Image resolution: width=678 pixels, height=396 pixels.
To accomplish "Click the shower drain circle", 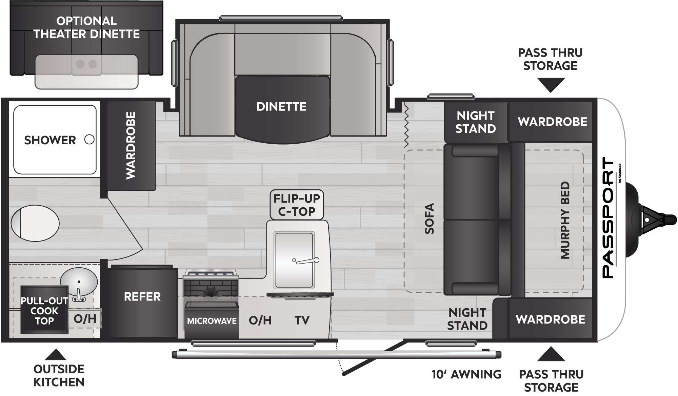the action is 89,139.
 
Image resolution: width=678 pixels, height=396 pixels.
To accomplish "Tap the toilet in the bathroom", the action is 35,223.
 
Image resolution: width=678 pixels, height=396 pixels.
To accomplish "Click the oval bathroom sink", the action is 79,282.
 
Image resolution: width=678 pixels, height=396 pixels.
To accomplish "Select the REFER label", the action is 142,297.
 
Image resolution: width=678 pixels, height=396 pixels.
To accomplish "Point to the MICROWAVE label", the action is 212,321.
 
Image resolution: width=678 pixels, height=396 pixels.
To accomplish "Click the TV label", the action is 302,320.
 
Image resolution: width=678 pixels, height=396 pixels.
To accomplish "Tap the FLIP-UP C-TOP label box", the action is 297,205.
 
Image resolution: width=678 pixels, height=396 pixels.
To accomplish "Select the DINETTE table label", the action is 281,107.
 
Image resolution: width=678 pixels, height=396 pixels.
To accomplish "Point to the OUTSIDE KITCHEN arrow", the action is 56,355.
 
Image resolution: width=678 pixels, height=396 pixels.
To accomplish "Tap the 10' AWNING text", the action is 466,374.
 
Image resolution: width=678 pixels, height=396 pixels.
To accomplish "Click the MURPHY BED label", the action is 565,221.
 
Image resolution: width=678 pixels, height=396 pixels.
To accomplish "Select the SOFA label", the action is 429,218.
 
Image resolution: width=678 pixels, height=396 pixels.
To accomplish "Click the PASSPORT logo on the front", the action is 609,218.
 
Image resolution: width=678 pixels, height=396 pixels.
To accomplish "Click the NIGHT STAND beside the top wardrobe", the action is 475,122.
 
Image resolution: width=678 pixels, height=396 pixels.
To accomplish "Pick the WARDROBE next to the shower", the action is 131,145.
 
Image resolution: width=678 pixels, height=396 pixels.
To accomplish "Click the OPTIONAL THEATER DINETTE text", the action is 86,27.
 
